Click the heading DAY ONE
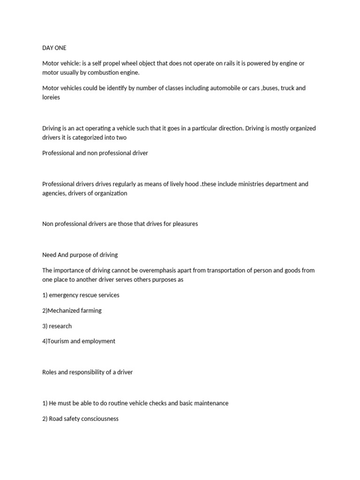click(54, 48)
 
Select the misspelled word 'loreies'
click(51, 97)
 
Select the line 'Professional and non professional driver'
click(95, 153)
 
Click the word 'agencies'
click(54, 193)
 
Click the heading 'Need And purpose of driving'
click(80, 255)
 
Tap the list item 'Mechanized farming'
click(75, 310)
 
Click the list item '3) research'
click(57, 326)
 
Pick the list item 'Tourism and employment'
click(81, 341)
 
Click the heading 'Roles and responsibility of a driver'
click(88, 372)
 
